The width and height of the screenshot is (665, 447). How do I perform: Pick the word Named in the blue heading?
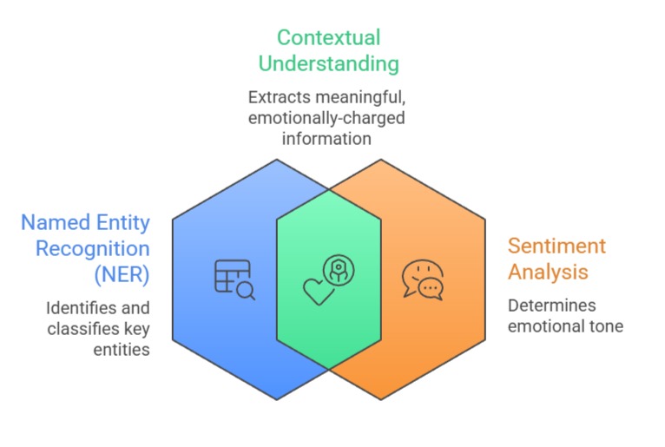click(x=53, y=223)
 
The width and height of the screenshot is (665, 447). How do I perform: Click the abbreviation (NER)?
click(x=121, y=275)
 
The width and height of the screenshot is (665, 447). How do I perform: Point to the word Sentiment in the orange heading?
click(x=557, y=246)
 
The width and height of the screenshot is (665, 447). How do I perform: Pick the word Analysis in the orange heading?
click(x=548, y=272)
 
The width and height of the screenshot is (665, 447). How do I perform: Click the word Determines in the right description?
click(x=551, y=306)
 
